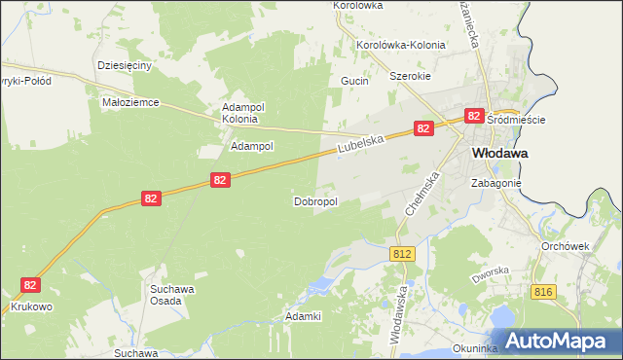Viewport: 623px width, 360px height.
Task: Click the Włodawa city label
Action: pyautogui.click(x=499, y=153)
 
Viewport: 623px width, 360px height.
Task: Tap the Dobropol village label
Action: pyautogui.click(x=315, y=201)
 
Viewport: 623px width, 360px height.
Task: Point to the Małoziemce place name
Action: pyautogui.click(x=130, y=101)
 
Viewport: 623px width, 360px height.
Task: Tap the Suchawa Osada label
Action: pyautogui.click(x=171, y=294)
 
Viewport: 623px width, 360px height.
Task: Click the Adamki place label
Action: pyautogui.click(x=302, y=316)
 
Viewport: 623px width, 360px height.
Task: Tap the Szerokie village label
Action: pyautogui.click(x=410, y=76)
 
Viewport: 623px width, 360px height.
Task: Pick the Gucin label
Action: pyautogui.click(x=354, y=81)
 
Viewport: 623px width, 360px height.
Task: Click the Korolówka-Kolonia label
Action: pyautogui.click(x=401, y=45)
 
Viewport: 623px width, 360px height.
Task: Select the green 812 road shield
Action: pyautogui.click(x=404, y=253)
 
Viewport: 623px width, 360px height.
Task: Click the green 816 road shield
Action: pyautogui.click(x=544, y=291)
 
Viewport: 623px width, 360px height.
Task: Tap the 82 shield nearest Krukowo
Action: pyautogui.click(x=31, y=284)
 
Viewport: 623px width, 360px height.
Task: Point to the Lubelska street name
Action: pyautogui.click(x=362, y=144)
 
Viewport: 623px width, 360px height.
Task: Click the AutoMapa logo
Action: pyautogui.click(x=564, y=342)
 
